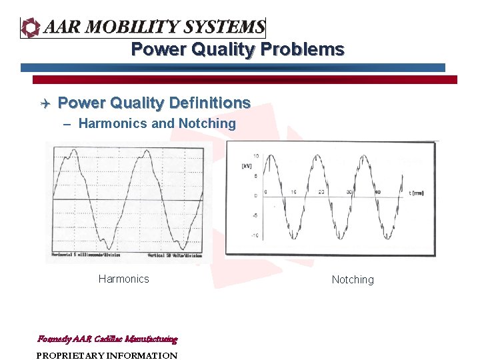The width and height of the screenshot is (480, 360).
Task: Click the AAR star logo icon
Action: click(31, 27)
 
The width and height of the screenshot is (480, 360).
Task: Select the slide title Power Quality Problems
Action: click(237, 50)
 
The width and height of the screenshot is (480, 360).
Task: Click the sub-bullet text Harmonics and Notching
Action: click(157, 123)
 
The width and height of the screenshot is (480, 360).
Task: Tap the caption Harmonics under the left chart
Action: click(123, 279)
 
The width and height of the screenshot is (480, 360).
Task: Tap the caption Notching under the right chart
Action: click(353, 280)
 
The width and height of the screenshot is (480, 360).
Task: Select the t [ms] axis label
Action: click(416, 193)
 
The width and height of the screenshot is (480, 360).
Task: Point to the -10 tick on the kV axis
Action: click(254, 236)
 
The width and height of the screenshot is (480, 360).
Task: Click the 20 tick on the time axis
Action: click(321, 192)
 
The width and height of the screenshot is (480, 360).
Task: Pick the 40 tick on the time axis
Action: click(377, 192)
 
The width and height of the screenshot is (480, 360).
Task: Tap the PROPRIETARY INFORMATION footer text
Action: click(107, 355)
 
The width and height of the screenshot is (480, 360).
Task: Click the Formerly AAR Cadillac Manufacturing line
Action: click(107, 339)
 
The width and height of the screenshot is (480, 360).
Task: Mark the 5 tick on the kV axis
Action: click(255, 177)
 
